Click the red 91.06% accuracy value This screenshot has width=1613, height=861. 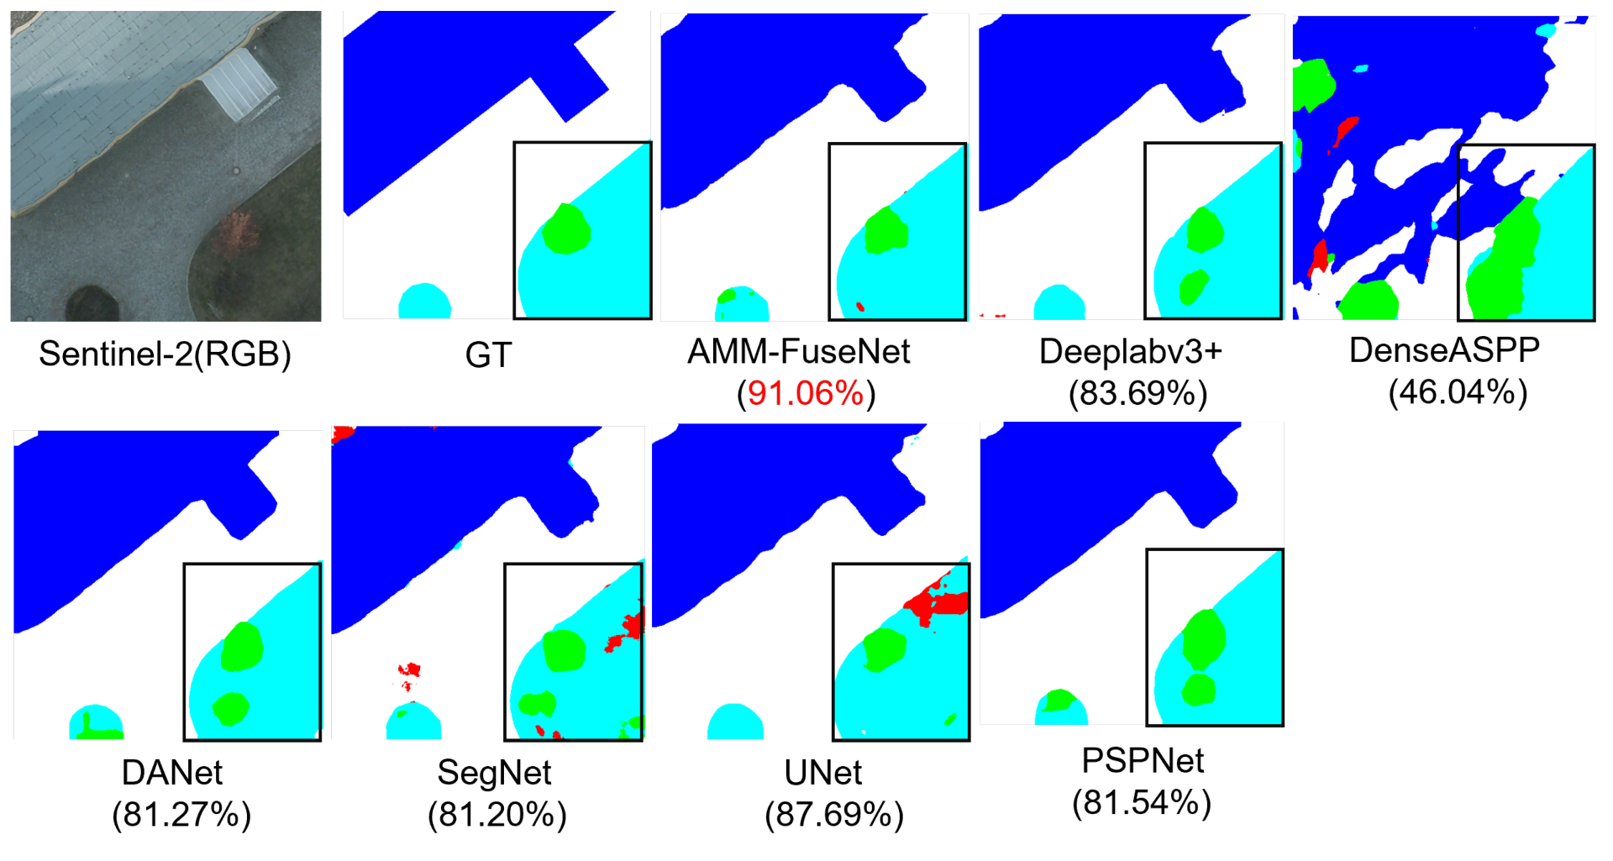pos(806,393)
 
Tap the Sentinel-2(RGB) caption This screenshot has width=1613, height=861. pos(165,354)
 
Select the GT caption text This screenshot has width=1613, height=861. pos(488,355)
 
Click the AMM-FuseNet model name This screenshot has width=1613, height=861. pos(798,351)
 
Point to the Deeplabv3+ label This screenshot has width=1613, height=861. pos(1130,351)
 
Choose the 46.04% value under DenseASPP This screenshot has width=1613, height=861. pos(1458,392)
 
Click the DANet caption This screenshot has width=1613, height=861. pos(172,772)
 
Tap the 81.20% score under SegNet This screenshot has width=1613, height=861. pos(497,814)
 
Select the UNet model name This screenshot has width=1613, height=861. pos(822,772)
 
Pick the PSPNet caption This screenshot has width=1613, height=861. pos(1142,760)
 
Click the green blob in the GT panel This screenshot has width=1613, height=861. pos(566,228)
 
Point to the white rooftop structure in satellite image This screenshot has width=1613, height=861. pos(241,84)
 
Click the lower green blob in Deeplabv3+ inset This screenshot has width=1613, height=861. pos(1192,287)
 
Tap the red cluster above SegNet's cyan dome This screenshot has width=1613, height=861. pos(409,670)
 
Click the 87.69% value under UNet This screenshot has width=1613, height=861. pos(833,814)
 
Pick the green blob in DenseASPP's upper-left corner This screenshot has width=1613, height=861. pos(1312,84)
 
